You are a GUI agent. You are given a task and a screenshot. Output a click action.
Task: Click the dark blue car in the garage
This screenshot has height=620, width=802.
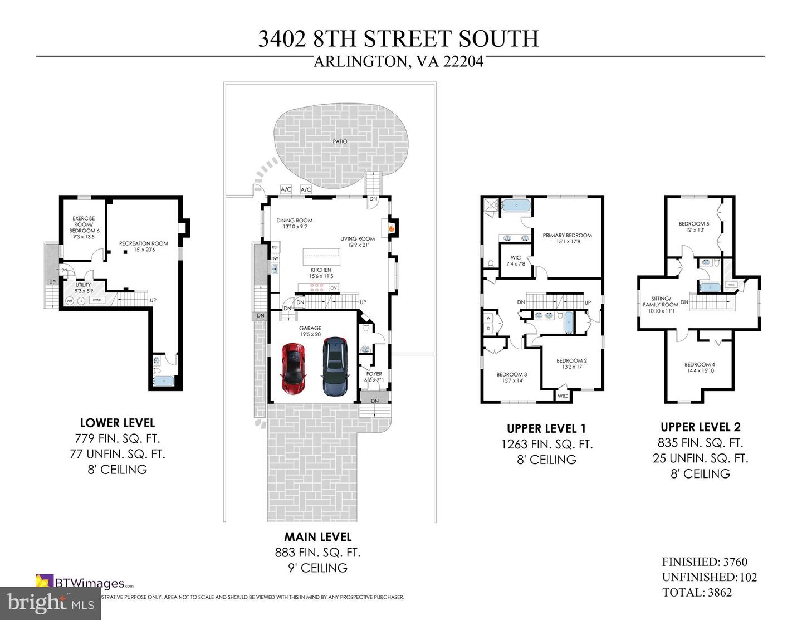coord(335,367)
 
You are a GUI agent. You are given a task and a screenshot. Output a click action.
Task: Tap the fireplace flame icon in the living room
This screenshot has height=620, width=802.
coord(391,228)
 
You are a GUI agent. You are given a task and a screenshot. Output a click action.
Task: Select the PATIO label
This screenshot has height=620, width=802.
coord(340,141)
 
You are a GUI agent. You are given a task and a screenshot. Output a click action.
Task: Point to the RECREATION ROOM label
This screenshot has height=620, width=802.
coord(143,243)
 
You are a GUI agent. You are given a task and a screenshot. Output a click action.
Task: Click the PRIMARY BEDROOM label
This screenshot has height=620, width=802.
coord(567,236)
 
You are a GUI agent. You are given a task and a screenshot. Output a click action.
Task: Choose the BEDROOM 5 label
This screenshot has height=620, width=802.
coord(694,224)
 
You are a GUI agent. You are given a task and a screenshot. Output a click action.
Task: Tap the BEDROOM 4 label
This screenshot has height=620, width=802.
coord(700,364)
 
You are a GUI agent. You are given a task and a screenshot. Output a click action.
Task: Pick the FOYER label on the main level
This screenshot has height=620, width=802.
coord(374,374)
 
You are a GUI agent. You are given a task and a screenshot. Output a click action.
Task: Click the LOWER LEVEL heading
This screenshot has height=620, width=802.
coord(118,423)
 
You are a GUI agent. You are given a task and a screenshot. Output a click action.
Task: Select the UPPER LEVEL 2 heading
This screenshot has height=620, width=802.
coord(701,427)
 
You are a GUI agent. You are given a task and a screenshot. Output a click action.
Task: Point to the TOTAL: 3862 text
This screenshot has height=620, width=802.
coord(697,592)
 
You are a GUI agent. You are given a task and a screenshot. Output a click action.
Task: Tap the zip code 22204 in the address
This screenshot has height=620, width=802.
coord(463,61)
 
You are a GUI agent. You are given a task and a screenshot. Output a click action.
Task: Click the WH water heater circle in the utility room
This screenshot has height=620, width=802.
coord(70,301)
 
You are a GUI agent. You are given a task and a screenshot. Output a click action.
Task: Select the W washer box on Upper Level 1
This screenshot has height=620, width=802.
coord(489,318)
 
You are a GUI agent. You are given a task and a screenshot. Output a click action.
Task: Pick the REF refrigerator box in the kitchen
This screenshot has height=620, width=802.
coord(275,247)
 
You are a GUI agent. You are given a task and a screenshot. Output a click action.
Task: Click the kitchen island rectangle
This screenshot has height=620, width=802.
coord(321,257)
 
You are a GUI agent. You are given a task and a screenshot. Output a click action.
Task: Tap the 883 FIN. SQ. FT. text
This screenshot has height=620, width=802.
coord(317,553)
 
